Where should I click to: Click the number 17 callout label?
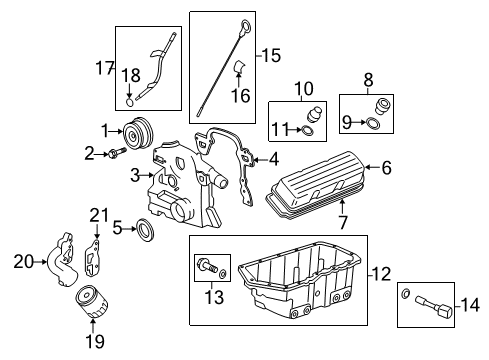click(x=105, y=68)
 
